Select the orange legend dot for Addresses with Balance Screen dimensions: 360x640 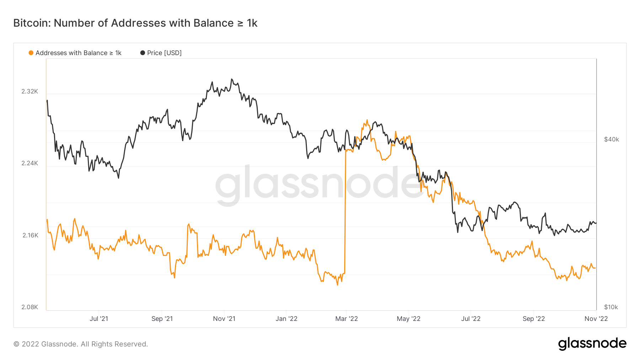coord(31,53)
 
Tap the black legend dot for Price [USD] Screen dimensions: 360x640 coord(143,53)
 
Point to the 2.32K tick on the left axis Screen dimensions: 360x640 coord(30,91)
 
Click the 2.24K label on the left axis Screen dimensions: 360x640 coord(30,163)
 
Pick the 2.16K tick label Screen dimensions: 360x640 coord(30,235)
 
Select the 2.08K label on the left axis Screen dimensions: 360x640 coord(30,307)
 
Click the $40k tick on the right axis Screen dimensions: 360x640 coord(612,139)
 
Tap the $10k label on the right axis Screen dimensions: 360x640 coord(611,307)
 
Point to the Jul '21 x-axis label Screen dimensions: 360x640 coord(99,319)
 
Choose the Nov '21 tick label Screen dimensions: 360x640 coord(224,319)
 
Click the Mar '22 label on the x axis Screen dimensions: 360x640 coord(346,319)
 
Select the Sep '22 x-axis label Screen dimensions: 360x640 coord(534,319)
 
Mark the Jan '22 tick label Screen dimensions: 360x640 coord(286,319)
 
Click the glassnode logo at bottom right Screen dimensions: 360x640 coord(592,344)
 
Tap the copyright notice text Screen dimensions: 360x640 coord(81,344)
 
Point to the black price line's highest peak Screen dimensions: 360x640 coord(232,79)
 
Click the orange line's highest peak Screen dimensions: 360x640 coord(367,120)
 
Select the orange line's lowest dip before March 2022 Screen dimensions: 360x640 coord(337,285)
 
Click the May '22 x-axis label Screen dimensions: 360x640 coord(409,319)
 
